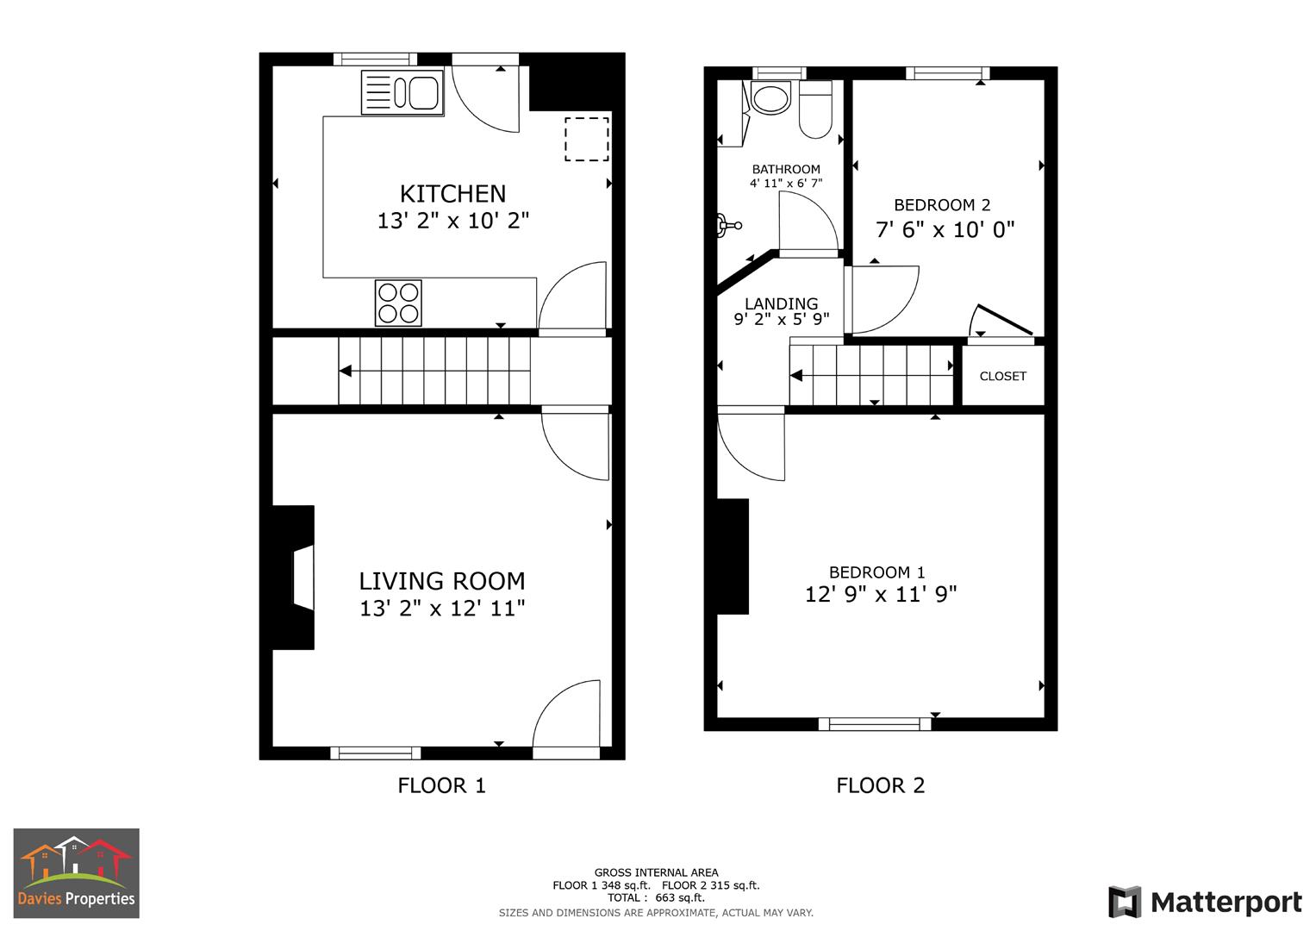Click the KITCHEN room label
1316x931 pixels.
click(x=452, y=194)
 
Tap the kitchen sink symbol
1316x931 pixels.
click(x=402, y=93)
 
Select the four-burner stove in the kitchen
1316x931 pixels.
click(x=398, y=303)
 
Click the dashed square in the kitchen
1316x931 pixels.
click(x=587, y=139)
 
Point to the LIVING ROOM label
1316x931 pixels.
click(x=442, y=581)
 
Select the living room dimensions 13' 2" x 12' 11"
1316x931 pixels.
click(x=442, y=609)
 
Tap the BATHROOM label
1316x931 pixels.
click(x=786, y=169)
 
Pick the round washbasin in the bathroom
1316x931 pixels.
click(x=770, y=97)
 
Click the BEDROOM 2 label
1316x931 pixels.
click(x=942, y=205)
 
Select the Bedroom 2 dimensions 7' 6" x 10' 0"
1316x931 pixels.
click(x=945, y=229)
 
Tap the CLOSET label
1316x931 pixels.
click(x=1003, y=376)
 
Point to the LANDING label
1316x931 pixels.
click(x=781, y=303)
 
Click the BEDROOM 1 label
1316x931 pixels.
click(x=877, y=572)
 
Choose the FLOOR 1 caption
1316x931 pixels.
click(x=441, y=785)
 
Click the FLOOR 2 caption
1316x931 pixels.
click(x=880, y=785)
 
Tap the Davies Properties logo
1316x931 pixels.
click(x=76, y=873)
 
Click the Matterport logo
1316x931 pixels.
click(x=1205, y=903)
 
